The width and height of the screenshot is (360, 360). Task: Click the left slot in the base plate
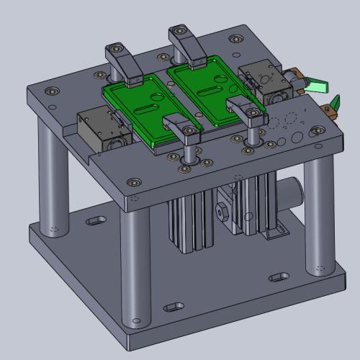coord(95,220)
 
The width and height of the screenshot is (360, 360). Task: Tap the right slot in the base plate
coord(278,276)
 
